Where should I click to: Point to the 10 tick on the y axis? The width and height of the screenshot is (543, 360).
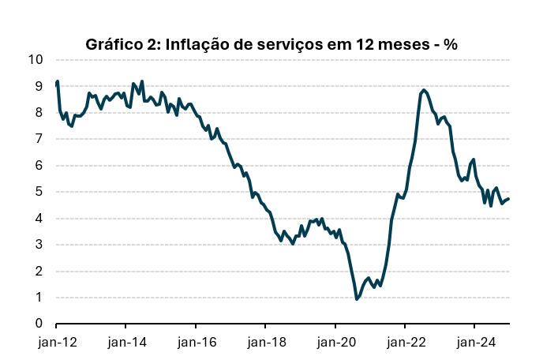pos(36,60)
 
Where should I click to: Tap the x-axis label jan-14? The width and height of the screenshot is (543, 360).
pos(126,343)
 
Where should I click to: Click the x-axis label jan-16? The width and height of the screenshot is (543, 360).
pos(196,343)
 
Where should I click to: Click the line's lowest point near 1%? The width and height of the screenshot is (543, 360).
pos(357,299)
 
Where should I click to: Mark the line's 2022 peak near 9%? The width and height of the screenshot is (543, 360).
pos(424,90)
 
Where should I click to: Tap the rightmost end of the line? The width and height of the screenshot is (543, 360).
pos(508,199)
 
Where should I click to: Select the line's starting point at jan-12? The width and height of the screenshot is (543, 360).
pos(57,83)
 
